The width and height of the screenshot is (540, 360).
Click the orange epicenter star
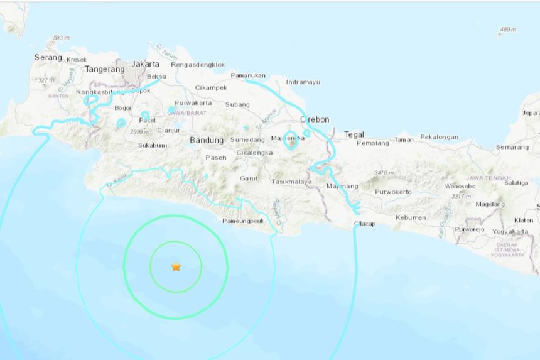(x=176, y=267)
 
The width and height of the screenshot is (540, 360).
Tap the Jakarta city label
(x=145, y=64)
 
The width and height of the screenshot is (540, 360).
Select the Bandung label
(x=207, y=140)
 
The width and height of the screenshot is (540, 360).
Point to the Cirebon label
(x=315, y=119)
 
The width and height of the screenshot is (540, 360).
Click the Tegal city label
(x=354, y=134)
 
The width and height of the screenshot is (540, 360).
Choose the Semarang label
(x=512, y=147)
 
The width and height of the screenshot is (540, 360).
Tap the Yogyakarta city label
(x=510, y=231)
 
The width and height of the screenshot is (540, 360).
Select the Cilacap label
(x=365, y=224)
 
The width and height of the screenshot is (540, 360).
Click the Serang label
(x=48, y=57)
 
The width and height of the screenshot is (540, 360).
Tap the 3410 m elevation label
(x=384, y=173)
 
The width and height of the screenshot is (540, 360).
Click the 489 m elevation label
(x=507, y=30)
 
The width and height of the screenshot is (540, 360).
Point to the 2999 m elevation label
(x=139, y=132)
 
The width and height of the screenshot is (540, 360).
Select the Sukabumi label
(x=152, y=145)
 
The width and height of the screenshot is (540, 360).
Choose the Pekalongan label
(x=439, y=137)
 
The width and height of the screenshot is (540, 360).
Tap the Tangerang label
(x=104, y=69)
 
